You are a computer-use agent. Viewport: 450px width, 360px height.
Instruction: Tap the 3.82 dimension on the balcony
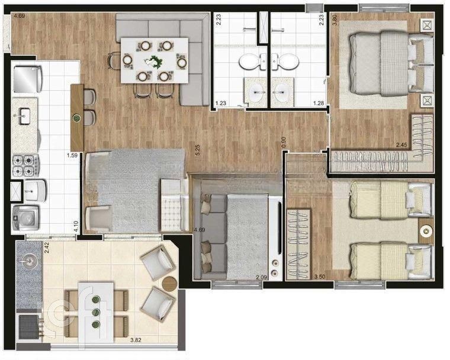pos(138,341)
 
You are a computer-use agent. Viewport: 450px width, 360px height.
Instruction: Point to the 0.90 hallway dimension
pos(284,142)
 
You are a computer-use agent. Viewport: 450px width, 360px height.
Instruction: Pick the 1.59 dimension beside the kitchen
pos(73,156)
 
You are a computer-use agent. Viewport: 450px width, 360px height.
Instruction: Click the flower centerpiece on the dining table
pos(155,60)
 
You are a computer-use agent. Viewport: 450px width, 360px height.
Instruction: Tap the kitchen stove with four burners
pos(25,165)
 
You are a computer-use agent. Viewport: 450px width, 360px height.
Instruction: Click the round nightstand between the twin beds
pos(425,231)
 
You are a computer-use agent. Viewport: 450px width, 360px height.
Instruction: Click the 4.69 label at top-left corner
pos(20,15)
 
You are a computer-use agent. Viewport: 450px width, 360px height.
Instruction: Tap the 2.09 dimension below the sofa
pos(262,277)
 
